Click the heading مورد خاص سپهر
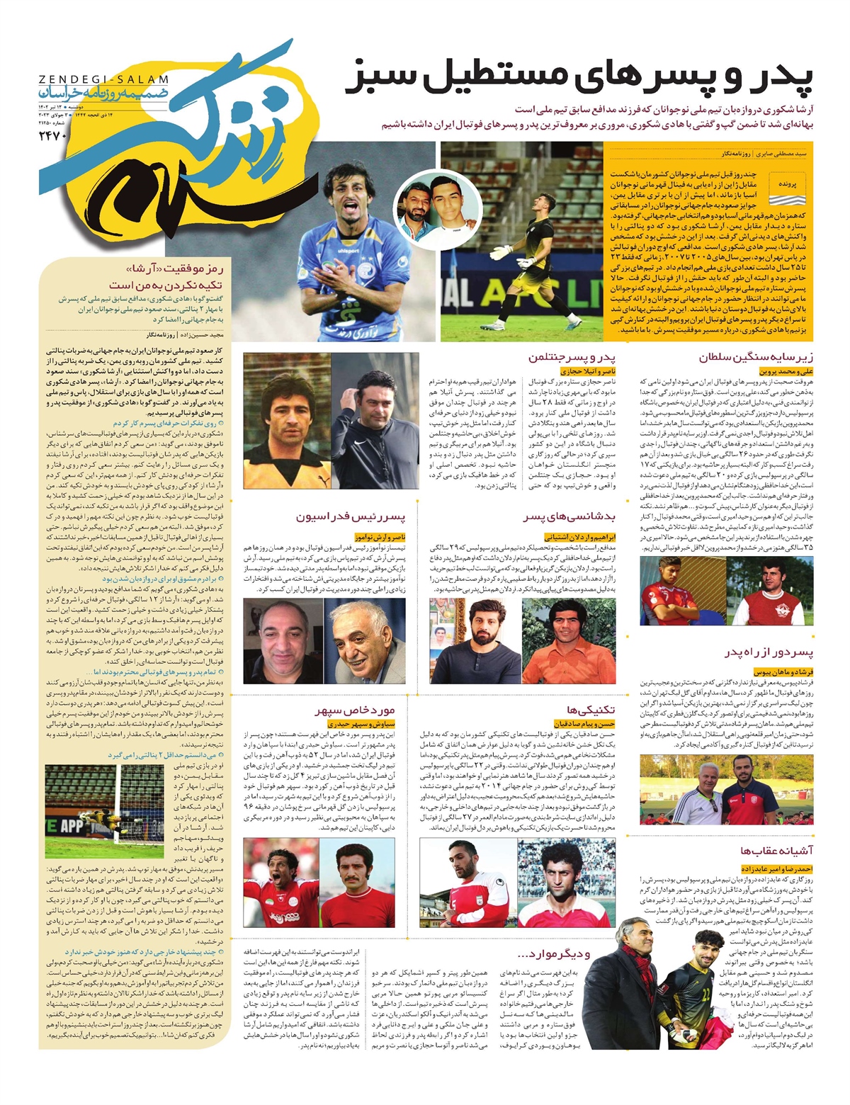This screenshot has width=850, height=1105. pos(355,710)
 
